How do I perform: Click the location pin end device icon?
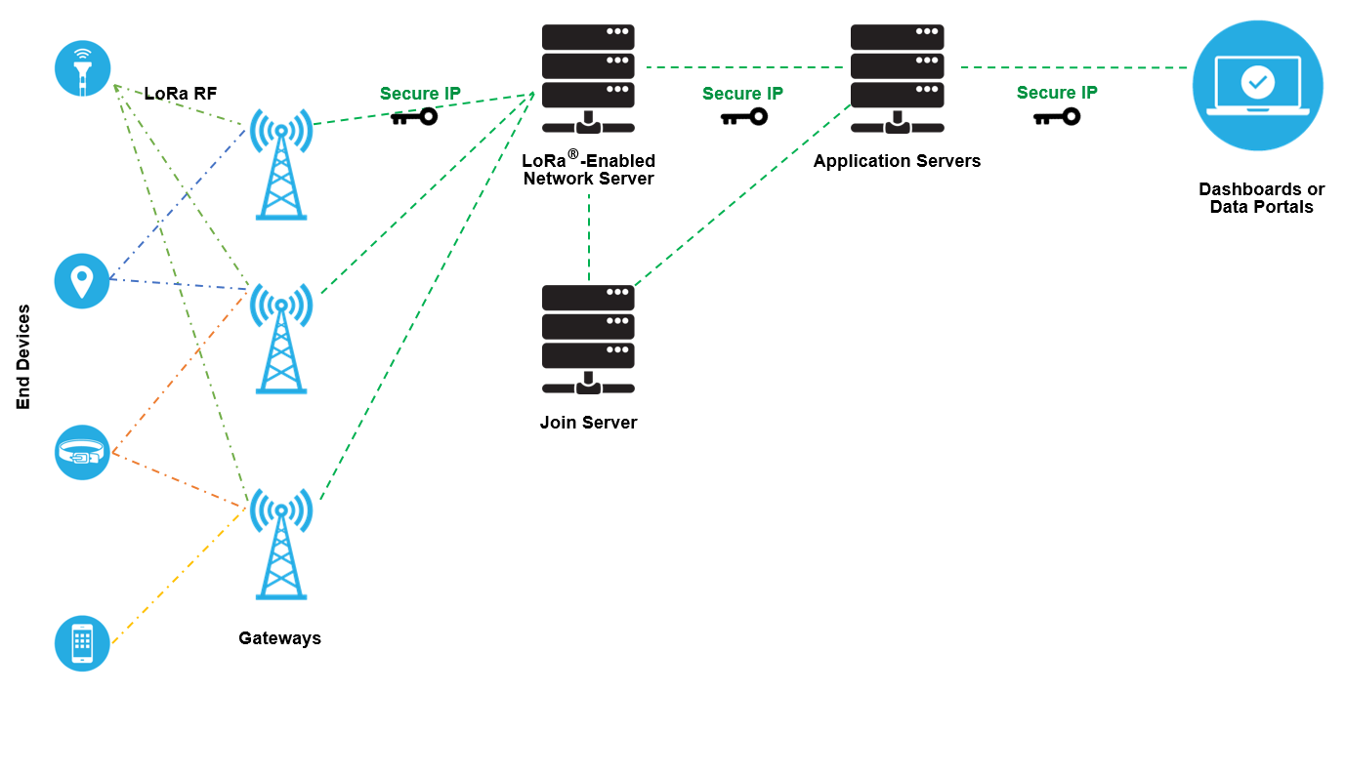82,281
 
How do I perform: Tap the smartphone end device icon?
82,643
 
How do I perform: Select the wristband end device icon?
82,452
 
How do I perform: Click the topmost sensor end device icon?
82,67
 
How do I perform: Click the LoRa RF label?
181,94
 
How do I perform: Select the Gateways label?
279,638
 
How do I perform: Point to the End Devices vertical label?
23,357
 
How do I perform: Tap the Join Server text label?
588,423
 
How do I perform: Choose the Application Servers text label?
897,161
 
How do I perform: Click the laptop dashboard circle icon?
1257,86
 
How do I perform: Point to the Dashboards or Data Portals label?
1261,198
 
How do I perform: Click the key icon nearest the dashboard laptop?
1056,117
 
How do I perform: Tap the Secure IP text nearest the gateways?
420,94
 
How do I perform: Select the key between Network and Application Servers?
743,117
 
